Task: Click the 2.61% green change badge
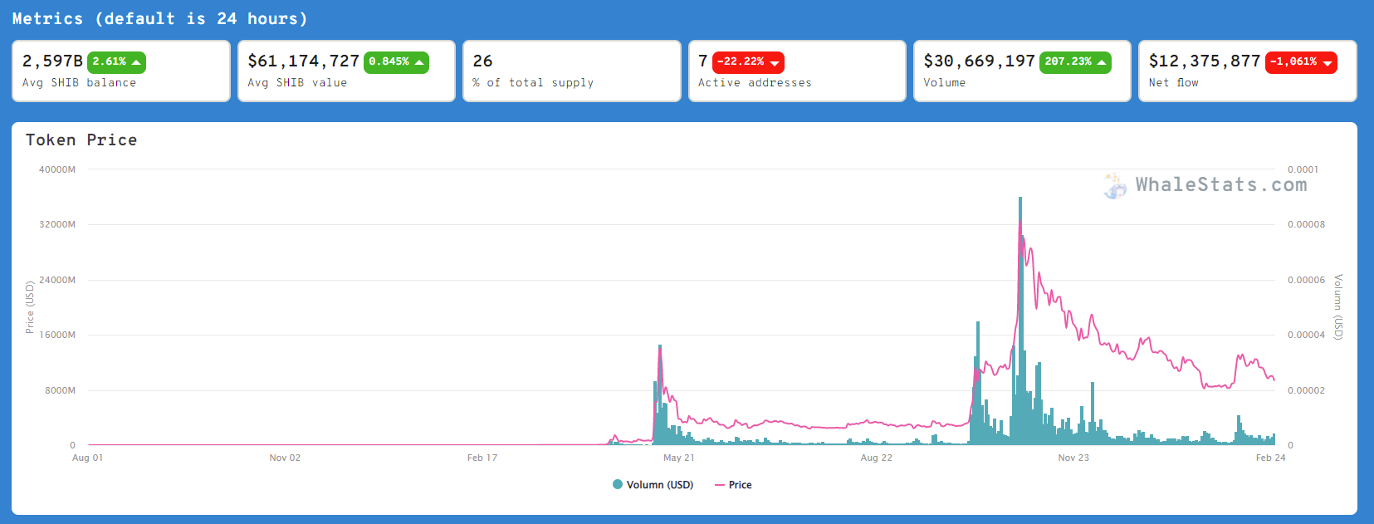tap(116, 62)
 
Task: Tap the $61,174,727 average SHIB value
tap(303, 61)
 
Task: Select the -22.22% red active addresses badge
tap(748, 62)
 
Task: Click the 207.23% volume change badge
tap(1074, 62)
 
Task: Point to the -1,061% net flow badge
tap(1301, 62)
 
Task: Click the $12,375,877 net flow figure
tap(1204, 61)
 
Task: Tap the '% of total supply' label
tap(533, 83)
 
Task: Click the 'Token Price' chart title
tap(81, 140)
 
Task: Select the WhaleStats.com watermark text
tap(1220, 184)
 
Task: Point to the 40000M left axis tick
tap(57, 169)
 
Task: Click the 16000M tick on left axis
tap(57, 335)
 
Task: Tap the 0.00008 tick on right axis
tap(1306, 224)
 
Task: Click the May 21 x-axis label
tap(678, 458)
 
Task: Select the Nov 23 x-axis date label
tap(1073, 458)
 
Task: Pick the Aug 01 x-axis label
tap(87, 458)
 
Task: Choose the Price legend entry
tap(733, 485)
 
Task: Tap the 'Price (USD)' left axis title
tap(29, 306)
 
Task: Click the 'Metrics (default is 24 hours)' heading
tap(159, 18)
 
